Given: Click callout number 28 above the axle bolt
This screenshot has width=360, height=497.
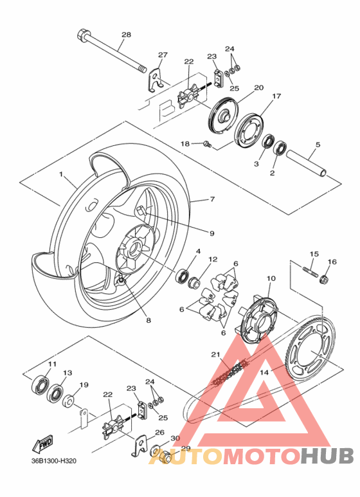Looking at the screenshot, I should (x=125, y=35).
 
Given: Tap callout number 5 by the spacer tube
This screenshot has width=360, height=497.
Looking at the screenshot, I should (x=317, y=145).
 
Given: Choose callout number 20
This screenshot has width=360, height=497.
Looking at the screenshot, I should (x=259, y=88).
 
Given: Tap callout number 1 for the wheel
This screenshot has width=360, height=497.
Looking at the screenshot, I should (x=62, y=175).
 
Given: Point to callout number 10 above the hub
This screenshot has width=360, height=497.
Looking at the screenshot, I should (x=271, y=278).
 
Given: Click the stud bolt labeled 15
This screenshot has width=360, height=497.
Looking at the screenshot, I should (x=310, y=271).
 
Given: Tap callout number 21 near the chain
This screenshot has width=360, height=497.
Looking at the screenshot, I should (x=215, y=354).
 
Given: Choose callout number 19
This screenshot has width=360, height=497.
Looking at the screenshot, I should (x=84, y=386).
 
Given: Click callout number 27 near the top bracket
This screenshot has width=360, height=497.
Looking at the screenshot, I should (x=163, y=55).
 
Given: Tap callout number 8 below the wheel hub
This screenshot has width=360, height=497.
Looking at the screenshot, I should (x=148, y=320).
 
